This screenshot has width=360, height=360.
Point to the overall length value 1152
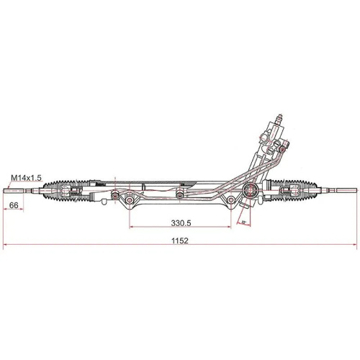pos(180,241)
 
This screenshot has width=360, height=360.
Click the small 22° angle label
pos(244,223)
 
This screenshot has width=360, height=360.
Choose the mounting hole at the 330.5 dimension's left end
pos(130,199)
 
